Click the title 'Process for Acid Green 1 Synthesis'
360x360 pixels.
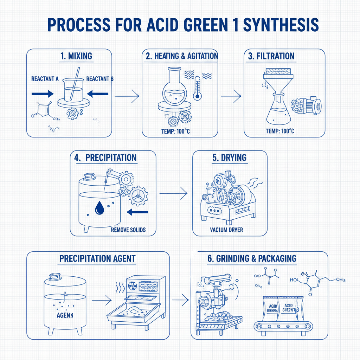tap(183, 25)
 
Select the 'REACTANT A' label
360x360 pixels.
tap(45, 79)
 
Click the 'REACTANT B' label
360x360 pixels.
tap(100, 79)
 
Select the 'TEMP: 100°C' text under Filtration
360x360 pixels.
tap(280, 131)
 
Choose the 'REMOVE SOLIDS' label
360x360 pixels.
tap(128, 230)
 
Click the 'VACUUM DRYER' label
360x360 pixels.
tap(226, 230)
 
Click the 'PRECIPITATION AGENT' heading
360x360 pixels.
tap(97, 258)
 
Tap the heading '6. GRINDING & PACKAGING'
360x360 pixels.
tap(252, 258)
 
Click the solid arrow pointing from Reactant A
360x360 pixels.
tap(42, 94)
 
